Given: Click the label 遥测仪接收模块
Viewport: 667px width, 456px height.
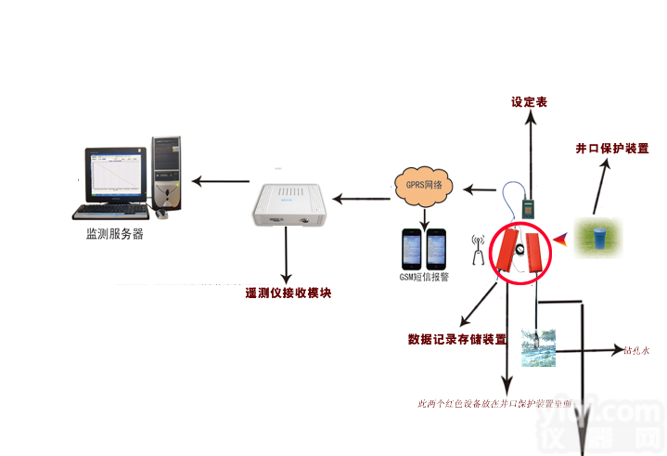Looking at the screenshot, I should (288, 293).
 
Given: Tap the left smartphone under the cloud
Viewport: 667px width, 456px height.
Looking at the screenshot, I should (413, 249).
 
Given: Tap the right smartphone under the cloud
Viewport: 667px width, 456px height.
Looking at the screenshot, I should (436, 249).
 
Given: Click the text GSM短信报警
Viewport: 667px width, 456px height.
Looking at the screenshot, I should (423, 277).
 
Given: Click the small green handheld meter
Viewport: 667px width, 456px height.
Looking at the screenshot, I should (529, 207).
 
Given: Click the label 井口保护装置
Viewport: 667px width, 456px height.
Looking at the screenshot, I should (611, 149).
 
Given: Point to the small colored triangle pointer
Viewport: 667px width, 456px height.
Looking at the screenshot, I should (562, 241).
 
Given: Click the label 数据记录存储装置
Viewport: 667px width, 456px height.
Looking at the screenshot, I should (457, 339).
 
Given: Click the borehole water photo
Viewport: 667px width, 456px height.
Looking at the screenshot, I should (538, 346).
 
